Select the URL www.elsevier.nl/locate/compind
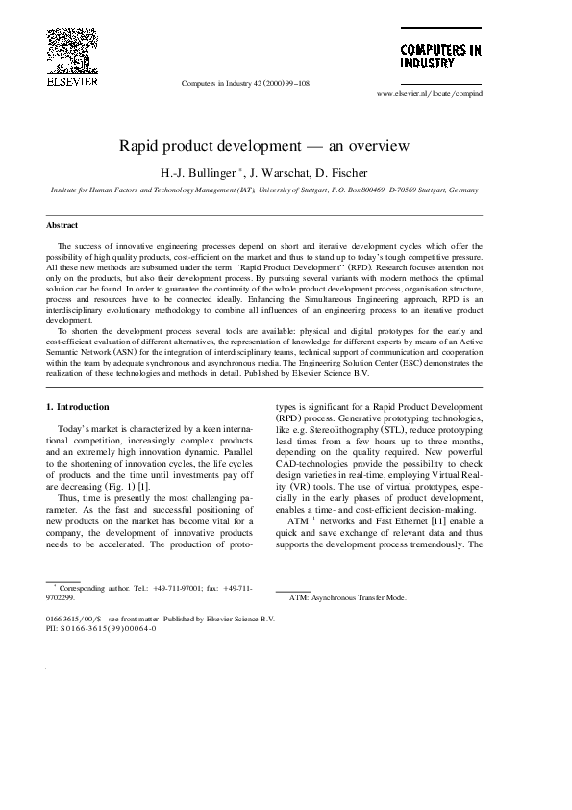[x=430, y=94]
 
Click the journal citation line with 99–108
[x=245, y=84]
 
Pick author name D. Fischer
[x=343, y=173]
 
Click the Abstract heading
[x=62, y=225]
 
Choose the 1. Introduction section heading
[x=78, y=407]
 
